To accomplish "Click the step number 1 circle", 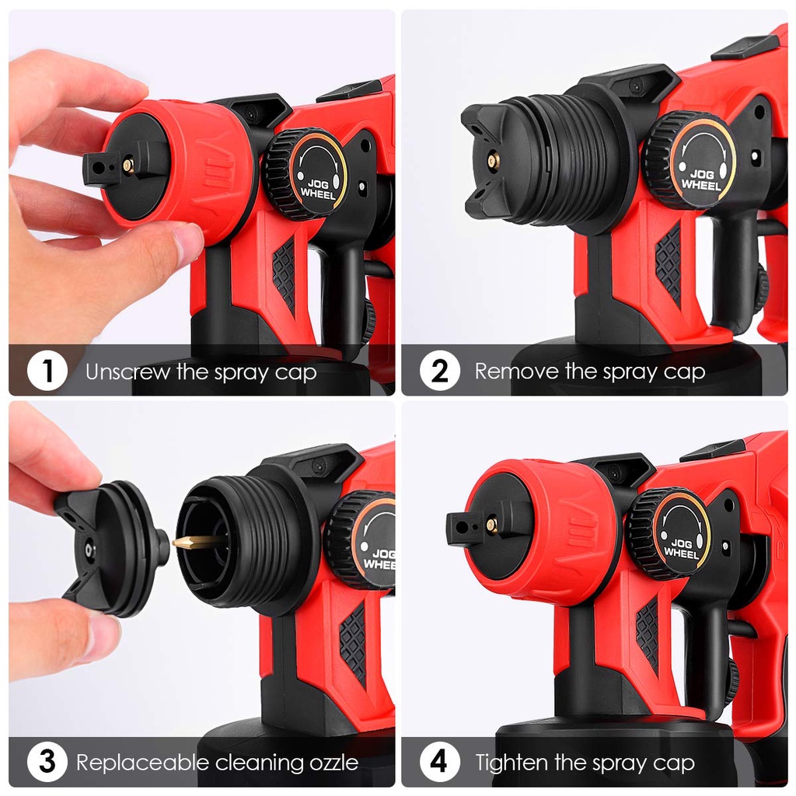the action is (47, 371).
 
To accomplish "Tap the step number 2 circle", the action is (440, 371).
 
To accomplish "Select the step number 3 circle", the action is (47, 762).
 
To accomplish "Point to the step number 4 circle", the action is (440, 762).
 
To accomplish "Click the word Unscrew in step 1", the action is (128, 372).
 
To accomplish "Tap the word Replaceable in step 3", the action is (143, 763).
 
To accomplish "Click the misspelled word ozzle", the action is (334, 763).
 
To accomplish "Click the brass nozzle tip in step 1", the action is (128, 165).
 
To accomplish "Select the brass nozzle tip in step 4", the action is (491, 525).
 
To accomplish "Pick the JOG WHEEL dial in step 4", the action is (669, 533).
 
